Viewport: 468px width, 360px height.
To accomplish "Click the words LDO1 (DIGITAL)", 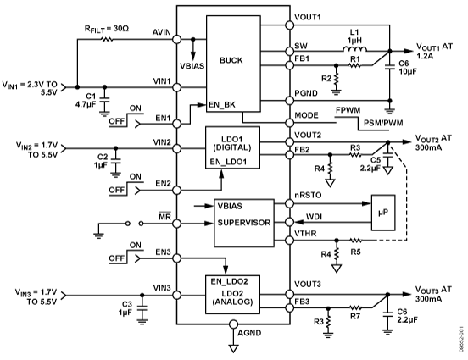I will pos(229,145).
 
